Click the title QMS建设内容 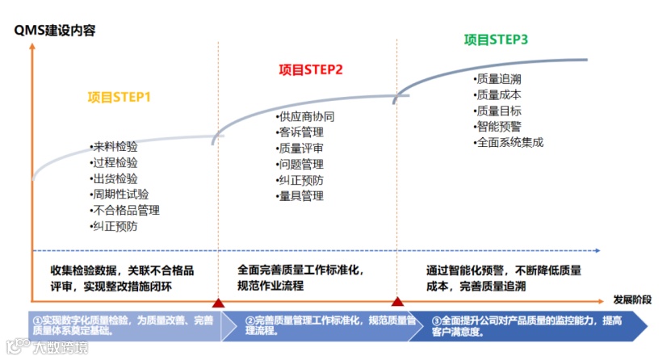pos(54,31)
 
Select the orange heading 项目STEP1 pos(120,98)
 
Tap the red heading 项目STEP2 pos(311,69)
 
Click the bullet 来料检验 pos(115,147)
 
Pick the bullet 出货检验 pos(115,178)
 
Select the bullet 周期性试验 pos(120,195)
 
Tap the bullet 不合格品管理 pos(126,211)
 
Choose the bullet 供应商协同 pos(307,116)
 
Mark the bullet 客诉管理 pos(301,132)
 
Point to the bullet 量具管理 pos(301,196)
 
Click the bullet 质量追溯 pos(499,79)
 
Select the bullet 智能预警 pos(499,127)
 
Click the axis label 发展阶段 pos(634,299)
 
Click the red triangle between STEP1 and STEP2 pos(218,303)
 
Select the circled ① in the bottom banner pos(37,320)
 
